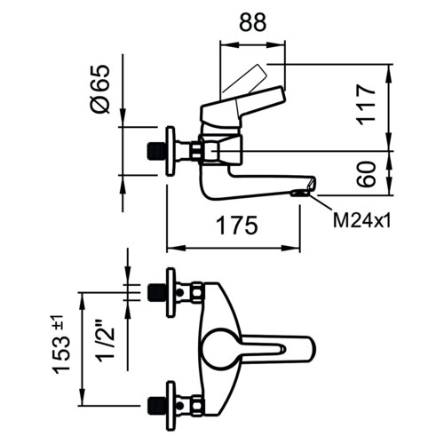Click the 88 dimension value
tap(253, 21)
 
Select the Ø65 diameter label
tap(100, 89)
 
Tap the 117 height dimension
tap(366, 105)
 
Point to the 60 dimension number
tap(366, 174)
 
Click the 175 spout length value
tap(237, 226)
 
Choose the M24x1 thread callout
tap(361, 221)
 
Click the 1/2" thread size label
tap(105, 339)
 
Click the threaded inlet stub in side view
tap(157, 151)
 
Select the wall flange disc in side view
tap(170, 151)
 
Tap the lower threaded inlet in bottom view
tap(157, 406)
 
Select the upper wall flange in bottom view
tap(170, 293)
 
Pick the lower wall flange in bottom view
tap(170, 406)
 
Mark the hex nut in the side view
tap(196, 151)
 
